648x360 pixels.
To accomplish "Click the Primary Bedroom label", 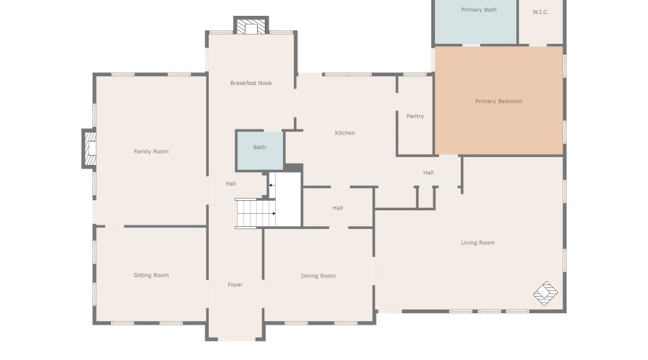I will coord(498,102).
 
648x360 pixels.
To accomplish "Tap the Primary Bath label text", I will coord(479,10).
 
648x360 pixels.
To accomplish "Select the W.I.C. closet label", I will coord(541,12).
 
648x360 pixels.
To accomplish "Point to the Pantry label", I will coord(415,116).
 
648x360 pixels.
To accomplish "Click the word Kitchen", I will coord(345,133).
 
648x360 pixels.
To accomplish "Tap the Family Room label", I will coord(151,152).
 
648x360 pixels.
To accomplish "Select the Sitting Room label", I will coord(151,276).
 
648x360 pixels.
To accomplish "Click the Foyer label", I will coord(235,285).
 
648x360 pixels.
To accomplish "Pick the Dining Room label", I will coord(318,276).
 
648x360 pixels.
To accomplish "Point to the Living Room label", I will coord(477,243).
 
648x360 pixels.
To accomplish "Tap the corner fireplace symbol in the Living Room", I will coord(545,293).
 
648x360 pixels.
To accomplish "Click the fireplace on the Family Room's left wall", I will coord(89,149).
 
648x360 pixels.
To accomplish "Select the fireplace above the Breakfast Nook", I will coord(251,27).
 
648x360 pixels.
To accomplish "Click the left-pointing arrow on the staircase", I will coord(271,186).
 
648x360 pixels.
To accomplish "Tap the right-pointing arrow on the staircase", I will coord(274,213).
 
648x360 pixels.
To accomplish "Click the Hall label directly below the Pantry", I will coord(428,173).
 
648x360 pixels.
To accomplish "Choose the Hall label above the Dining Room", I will coord(338,208).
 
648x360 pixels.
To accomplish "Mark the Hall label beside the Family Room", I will coord(230,184).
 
